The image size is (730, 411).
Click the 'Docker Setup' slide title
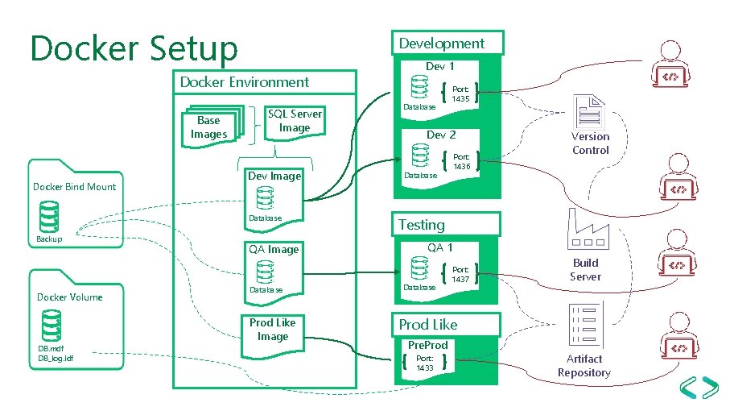pos(134,48)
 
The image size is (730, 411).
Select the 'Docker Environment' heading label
pos(244,82)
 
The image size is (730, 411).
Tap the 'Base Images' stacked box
pos(209,127)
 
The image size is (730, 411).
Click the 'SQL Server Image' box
pos(295,121)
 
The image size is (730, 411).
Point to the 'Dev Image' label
pos(274,176)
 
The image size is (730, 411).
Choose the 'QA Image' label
pos(273,249)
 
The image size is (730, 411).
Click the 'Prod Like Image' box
pos(272,330)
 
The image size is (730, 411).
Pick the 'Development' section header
pos(442,44)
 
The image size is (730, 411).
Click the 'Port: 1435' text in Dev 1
pos(460,94)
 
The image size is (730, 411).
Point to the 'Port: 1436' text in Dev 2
pos(461,162)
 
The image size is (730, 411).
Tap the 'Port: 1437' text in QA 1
pos(460,275)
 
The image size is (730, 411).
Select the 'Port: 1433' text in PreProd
pos(425,363)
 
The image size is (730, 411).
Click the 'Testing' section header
pos(421,225)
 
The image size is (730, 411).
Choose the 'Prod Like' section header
pos(428,325)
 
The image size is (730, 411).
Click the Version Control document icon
pos(589,111)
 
